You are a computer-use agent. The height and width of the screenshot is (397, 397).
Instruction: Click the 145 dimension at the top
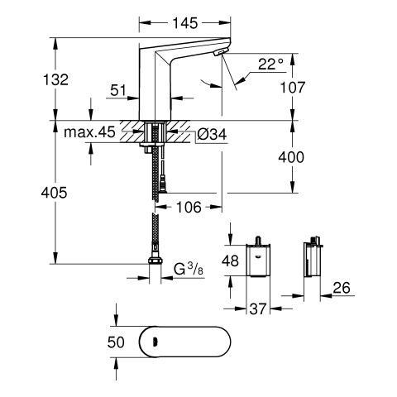point(185,23)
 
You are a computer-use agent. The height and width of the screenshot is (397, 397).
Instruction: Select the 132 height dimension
point(55,79)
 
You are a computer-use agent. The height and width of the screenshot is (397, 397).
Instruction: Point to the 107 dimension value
point(293,88)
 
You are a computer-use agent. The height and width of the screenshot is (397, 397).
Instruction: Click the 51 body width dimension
point(118,90)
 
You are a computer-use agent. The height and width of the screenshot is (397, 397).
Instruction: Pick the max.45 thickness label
point(89,132)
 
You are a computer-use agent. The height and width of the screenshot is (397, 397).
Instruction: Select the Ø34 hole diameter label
point(212,135)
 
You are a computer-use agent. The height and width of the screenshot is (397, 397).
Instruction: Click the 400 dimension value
point(291,157)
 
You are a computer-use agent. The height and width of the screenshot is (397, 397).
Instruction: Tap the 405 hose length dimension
point(54,193)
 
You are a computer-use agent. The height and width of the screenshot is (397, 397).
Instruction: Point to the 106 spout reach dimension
point(189,207)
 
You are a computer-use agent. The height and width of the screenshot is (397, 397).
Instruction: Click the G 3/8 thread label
point(189,270)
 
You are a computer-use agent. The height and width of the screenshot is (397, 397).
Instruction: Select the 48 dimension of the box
point(230,261)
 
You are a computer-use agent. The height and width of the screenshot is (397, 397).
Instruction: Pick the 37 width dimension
point(258,309)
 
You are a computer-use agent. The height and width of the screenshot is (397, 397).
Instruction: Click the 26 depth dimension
point(342,288)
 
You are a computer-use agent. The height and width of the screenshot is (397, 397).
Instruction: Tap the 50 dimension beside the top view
point(116,342)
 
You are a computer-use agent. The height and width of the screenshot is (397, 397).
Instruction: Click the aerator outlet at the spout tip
point(221,51)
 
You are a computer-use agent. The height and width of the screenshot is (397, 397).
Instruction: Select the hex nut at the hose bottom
point(155,261)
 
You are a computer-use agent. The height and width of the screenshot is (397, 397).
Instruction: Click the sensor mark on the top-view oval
point(155,342)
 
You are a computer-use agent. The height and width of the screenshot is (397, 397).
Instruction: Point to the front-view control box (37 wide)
point(258,260)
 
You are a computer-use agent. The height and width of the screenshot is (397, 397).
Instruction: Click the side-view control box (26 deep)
point(312,260)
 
